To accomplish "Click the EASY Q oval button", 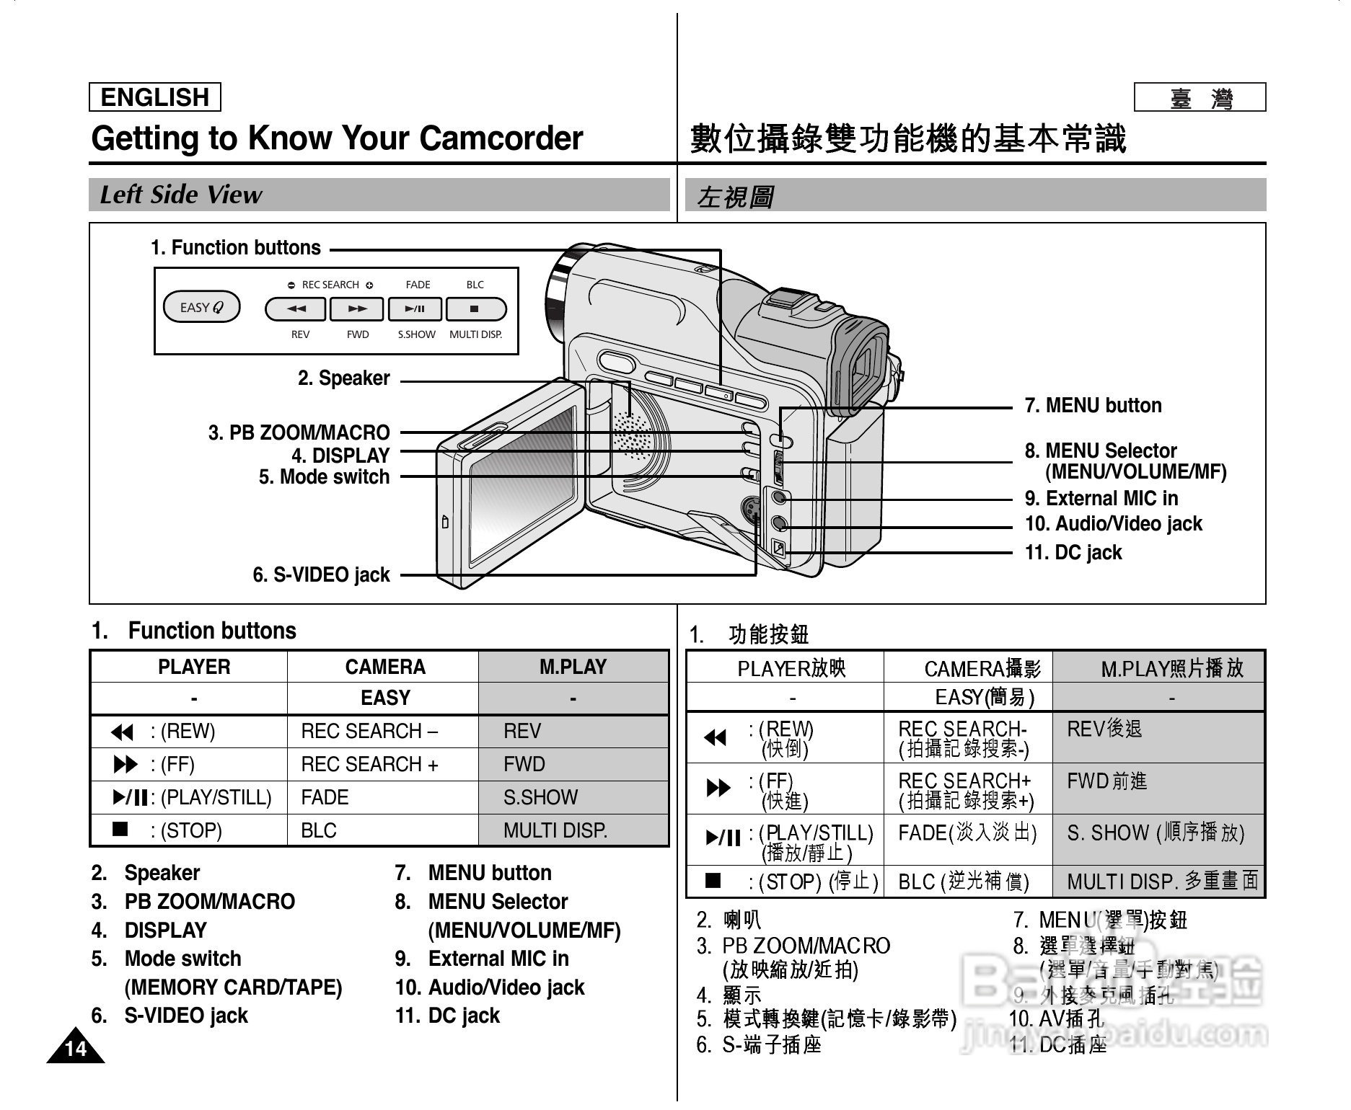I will [x=201, y=308].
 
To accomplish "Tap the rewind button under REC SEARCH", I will [x=296, y=309].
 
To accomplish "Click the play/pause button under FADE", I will [x=415, y=309].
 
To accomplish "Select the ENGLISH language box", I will [x=154, y=97].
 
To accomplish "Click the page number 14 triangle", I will [x=75, y=1049].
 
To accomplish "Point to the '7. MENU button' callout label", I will [x=1093, y=406].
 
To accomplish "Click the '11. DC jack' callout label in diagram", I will [x=1073, y=553].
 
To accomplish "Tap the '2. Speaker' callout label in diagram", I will [x=343, y=378].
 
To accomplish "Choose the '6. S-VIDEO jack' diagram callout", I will [x=321, y=575].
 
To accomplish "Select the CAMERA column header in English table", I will [x=384, y=667].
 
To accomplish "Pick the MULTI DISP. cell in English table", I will [x=555, y=831].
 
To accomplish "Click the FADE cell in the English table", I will [x=325, y=798].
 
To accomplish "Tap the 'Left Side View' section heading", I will [x=180, y=195].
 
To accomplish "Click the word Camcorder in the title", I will [x=501, y=138].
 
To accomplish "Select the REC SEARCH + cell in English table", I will [x=369, y=765].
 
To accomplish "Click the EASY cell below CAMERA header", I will [x=384, y=698].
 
